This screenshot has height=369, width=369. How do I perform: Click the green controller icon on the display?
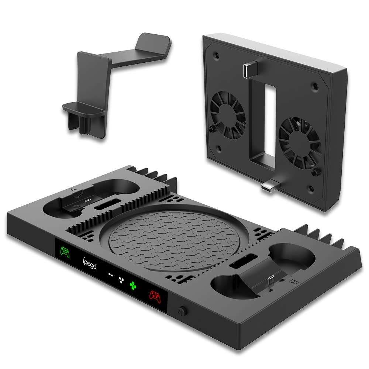pyautogui.click(x=65, y=252)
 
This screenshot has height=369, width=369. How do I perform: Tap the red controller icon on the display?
pyautogui.click(x=154, y=296)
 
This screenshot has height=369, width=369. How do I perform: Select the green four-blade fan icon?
pyautogui.click(x=132, y=285)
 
